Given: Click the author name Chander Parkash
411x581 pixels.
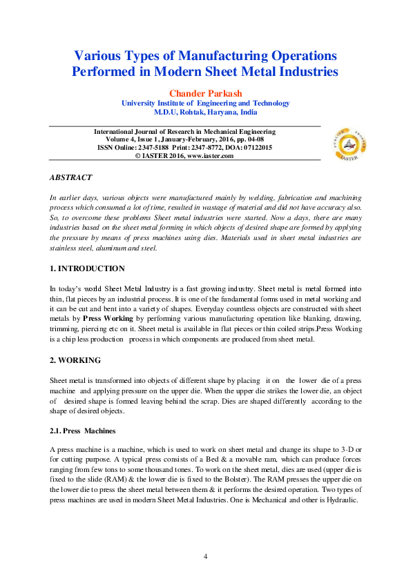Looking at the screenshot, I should click(x=205, y=92).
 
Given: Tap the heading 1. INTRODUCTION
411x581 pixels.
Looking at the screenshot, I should click(x=87, y=268).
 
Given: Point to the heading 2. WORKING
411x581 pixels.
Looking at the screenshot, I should click(x=75, y=360).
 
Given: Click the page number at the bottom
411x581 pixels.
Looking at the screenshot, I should click(x=205, y=557).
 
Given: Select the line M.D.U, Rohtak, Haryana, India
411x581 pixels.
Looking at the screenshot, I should click(x=205, y=112).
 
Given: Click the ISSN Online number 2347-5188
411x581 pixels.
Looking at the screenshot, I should click(x=150, y=148).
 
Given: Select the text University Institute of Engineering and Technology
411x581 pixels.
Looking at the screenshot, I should click(x=205, y=103).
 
